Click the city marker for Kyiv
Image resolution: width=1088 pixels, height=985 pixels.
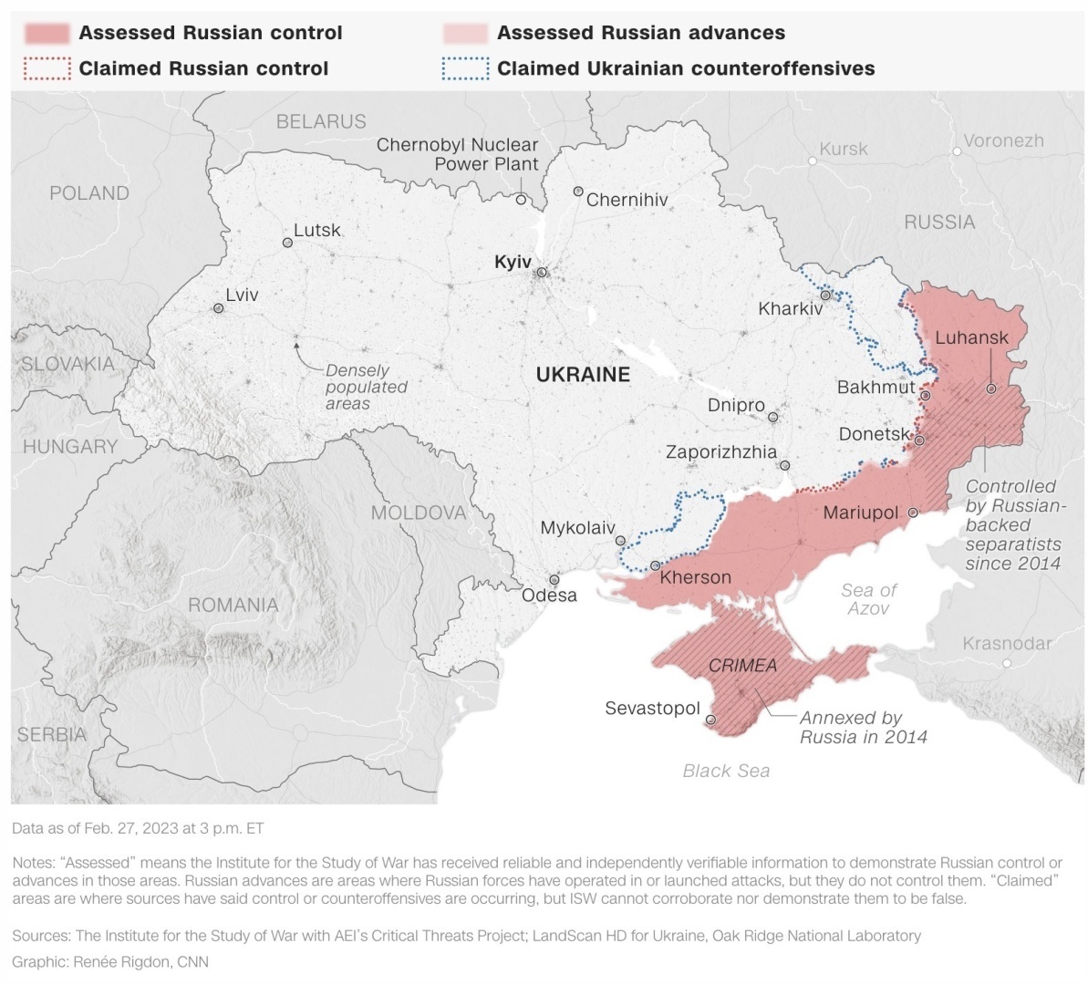(x=542, y=272)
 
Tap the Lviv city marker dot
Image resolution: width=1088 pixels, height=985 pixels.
(x=219, y=309)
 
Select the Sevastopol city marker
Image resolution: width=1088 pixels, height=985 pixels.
(x=710, y=720)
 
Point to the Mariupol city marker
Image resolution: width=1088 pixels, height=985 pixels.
(x=912, y=513)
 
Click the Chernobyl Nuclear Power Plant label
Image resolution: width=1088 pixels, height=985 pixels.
(x=457, y=154)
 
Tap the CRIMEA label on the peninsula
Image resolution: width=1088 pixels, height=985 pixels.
(x=742, y=666)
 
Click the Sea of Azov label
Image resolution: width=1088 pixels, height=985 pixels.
(x=868, y=599)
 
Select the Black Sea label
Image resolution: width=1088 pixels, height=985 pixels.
(x=726, y=771)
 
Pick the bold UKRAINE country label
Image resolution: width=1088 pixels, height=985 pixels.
(x=583, y=375)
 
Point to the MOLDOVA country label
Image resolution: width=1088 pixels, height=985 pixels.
(x=418, y=513)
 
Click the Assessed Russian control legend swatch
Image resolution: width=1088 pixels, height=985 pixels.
(x=47, y=34)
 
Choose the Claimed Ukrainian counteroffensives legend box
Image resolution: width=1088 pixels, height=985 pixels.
(x=465, y=69)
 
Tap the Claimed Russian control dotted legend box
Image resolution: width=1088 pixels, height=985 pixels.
(x=47, y=69)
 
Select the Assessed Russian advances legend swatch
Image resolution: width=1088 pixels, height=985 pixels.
(x=465, y=34)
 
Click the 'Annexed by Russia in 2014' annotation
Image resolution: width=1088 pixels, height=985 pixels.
(x=863, y=728)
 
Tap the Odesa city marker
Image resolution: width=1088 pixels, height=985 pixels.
(x=554, y=580)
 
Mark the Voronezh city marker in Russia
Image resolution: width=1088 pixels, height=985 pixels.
(x=957, y=151)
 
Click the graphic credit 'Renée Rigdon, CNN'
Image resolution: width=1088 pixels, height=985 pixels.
(x=110, y=962)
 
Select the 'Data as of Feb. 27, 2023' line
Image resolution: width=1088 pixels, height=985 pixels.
(x=138, y=828)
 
